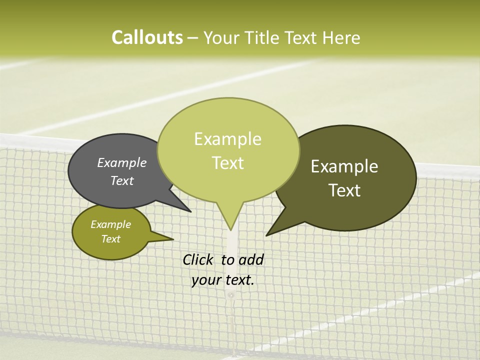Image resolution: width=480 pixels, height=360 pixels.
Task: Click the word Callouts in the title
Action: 147,37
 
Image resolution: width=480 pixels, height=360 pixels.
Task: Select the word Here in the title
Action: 341,38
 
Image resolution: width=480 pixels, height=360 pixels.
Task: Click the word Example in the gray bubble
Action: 122,163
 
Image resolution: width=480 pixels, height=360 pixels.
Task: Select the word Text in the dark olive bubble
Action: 345,190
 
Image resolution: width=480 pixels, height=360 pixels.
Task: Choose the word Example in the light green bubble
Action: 228,139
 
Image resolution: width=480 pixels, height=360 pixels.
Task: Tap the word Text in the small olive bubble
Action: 111,239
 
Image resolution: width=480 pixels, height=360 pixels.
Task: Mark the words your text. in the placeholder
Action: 223,280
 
